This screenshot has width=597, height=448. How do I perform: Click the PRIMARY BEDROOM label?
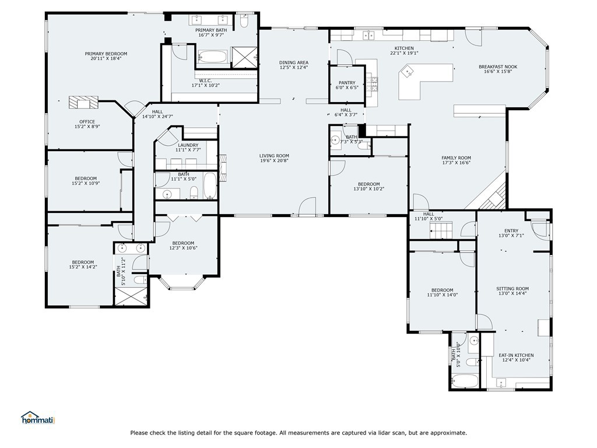106,54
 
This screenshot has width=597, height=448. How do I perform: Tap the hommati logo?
38,418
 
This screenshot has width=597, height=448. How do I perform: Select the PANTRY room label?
347,83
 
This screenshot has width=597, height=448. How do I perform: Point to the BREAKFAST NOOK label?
498,66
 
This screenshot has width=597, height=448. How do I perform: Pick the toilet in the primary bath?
244,21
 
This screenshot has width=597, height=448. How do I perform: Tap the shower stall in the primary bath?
244,57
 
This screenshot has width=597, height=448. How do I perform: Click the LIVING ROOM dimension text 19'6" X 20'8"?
274,160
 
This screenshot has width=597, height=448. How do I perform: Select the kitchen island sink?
408,71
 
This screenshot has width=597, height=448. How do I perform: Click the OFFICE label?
87,122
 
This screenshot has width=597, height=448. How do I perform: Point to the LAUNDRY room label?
188,145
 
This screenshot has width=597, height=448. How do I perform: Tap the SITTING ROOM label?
512,289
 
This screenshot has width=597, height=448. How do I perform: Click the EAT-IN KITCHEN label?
516,355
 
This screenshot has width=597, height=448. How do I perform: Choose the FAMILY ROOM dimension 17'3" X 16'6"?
456,162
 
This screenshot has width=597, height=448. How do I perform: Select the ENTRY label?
511,230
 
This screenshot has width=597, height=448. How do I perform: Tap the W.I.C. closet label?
205,80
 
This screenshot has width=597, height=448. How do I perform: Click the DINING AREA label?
294,62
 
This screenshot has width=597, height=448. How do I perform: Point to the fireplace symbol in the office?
83,102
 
